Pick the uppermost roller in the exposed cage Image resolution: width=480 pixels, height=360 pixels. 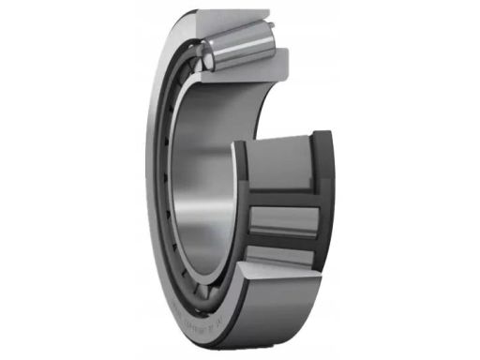[280, 170]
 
